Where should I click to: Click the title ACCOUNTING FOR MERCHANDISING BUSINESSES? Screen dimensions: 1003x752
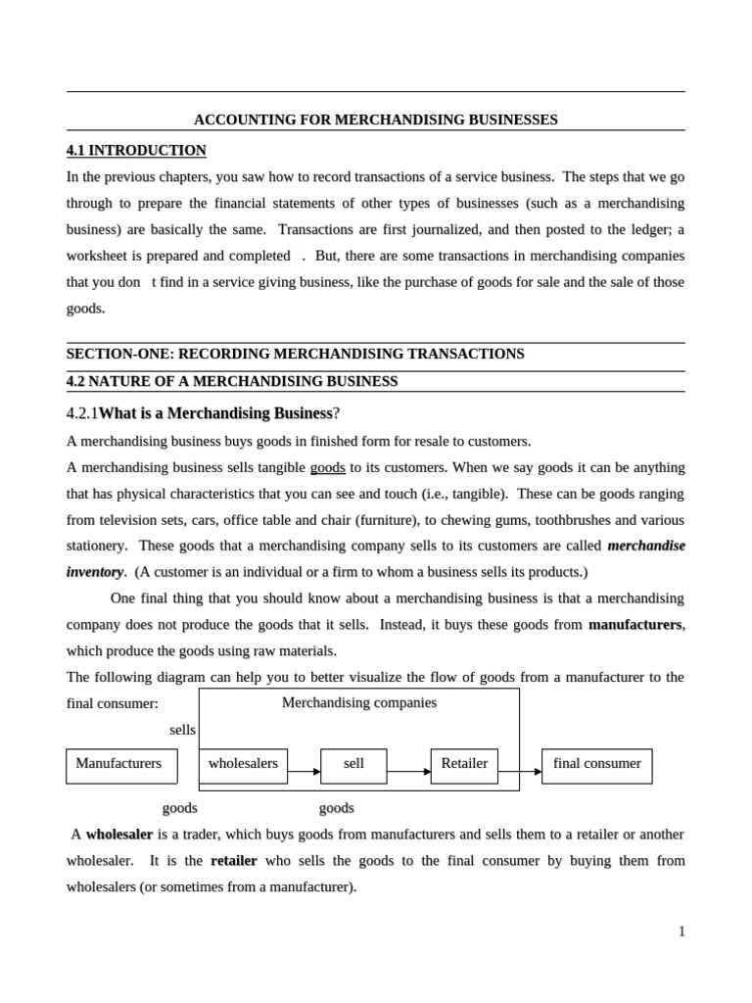coord(375,119)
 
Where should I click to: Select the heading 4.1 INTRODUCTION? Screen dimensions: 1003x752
coord(136,150)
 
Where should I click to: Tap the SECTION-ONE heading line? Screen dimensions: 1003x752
coord(295,354)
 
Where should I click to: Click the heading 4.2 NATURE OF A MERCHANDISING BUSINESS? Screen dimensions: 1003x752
coord(232,381)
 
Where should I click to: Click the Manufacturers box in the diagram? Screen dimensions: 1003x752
coord(120,765)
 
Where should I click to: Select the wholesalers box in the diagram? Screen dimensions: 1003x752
coord(243,765)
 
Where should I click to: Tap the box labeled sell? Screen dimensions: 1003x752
coord(353,765)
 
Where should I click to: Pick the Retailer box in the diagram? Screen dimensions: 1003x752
coord(464,765)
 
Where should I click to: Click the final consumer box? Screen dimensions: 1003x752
coord(596,765)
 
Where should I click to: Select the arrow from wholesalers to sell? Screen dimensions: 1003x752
coord(305,772)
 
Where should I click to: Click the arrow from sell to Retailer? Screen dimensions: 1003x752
coord(408,772)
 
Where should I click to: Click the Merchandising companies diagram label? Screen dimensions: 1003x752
coord(358,702)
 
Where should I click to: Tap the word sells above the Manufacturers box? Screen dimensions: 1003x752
coord(182,730)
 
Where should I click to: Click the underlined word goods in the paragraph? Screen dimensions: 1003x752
coord(327,467)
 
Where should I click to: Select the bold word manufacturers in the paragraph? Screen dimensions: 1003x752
coord(634,624)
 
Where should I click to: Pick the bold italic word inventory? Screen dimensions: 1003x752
coord(95,571)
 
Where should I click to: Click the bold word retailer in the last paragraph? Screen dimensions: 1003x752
coord(234,861)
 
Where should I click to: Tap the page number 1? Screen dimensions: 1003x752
coord(681,931)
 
